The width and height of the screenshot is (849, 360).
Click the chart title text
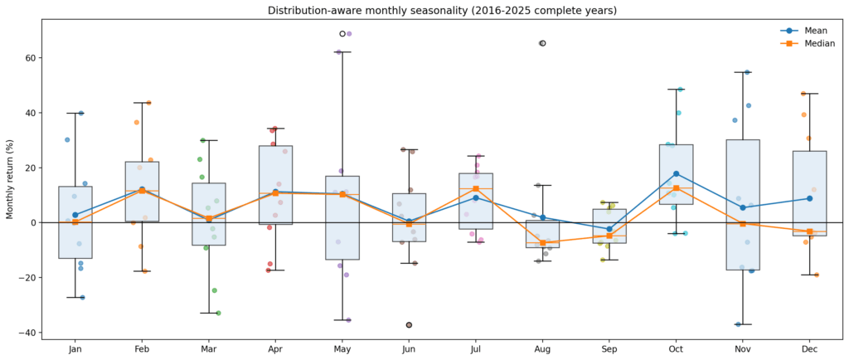442,11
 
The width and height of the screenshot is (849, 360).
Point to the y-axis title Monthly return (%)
11,178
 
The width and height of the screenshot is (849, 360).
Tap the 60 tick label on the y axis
27,58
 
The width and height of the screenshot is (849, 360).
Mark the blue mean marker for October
676,173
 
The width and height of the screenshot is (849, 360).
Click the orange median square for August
542,243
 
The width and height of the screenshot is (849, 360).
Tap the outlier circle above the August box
542,43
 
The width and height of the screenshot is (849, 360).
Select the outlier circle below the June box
409,325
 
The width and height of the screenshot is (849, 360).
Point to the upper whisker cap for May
342,52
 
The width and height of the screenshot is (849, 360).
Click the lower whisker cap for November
742,324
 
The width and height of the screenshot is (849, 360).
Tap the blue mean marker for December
809,198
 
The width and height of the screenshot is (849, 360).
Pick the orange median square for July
476,188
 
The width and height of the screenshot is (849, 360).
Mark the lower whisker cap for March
209,313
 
